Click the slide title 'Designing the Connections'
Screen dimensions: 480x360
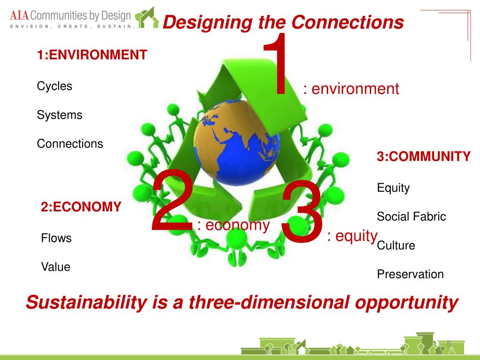(283, 22)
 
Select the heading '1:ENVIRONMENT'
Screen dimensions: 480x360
(92, 55)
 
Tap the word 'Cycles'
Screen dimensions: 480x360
(55, 86)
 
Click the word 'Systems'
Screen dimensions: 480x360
(60, 115)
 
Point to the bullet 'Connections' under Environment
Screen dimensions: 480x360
(70, 144)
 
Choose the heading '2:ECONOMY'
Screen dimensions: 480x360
(81, 207)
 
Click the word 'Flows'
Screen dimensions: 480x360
(56, 238)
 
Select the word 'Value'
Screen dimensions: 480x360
(56, 267)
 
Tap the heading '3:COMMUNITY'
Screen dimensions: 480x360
(424, 157)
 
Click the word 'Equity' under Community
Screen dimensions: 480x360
(393, 188)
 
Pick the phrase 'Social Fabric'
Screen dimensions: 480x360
(411, 217)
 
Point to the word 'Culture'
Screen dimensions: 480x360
(396, 246)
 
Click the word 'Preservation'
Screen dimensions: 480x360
(410, 274)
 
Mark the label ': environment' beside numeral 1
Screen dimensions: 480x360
(351, 89)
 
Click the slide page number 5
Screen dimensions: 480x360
(449, 344)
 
